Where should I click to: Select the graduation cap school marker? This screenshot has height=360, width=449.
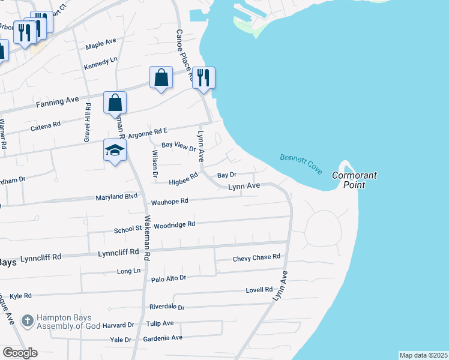(114, 151)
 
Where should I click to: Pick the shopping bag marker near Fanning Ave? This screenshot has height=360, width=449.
(161, 78)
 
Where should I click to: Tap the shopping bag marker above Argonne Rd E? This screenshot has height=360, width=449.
(115, 103)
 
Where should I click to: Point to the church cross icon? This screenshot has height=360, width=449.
(27, 322)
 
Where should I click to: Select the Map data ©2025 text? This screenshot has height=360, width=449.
(423, 355)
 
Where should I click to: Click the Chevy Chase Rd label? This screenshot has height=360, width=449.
(256, 257)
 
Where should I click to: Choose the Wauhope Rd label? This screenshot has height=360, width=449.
(169, 202)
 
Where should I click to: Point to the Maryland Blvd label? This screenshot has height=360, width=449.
(117, 197)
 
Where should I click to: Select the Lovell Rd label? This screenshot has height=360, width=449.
(259, 290)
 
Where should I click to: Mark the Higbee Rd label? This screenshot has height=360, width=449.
(183, 178)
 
